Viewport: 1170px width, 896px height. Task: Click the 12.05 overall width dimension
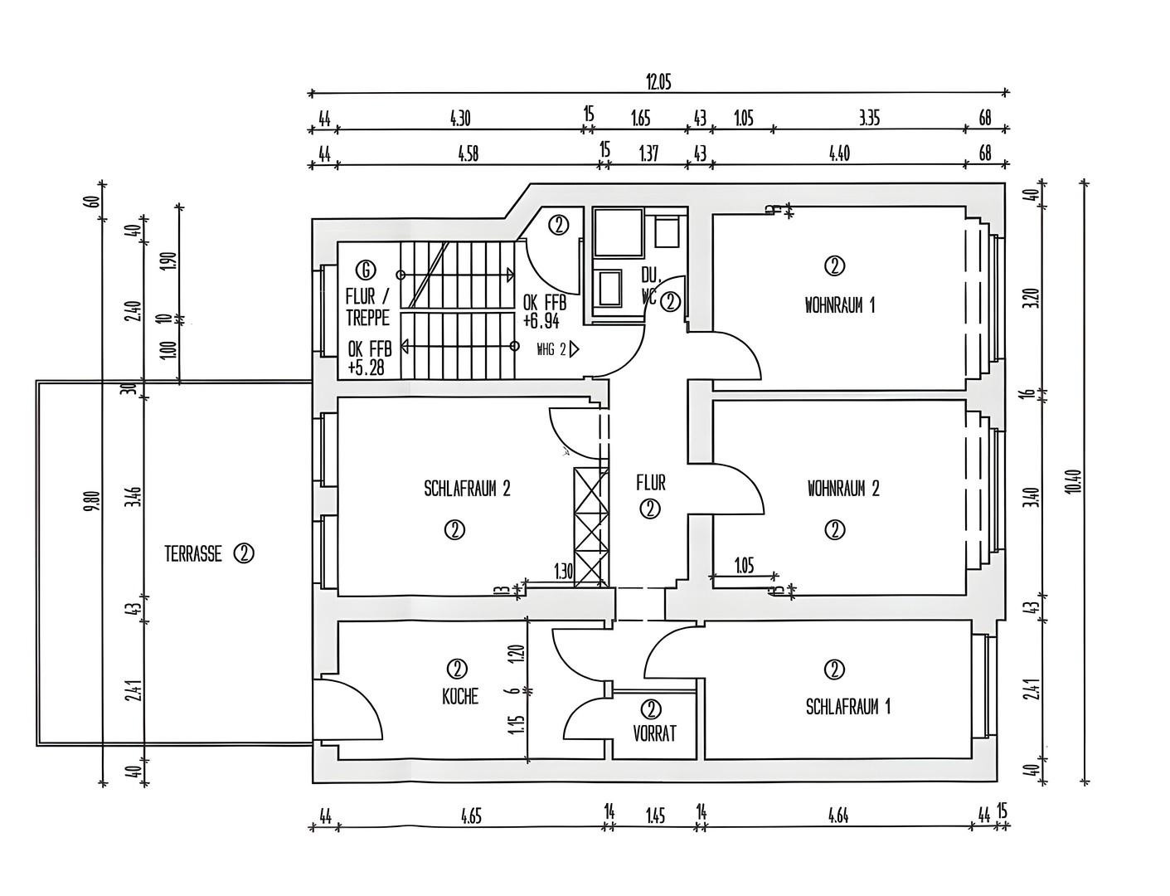click(x=658, y=82)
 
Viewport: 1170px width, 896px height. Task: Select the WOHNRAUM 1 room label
click(x=839, y=305)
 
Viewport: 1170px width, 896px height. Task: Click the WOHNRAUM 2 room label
click(x=843, y=489)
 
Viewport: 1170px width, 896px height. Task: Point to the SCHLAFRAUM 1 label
click(x=848, y=707)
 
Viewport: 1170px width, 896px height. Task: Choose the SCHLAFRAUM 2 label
click(x=467, y=489)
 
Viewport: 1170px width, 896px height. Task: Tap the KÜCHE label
click(x=460, y=696)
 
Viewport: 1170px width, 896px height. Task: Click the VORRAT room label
click(x=654, y=734)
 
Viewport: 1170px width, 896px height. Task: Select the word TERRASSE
click(x=193, y=554)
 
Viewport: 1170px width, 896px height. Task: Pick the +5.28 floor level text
click(x=366, y=368)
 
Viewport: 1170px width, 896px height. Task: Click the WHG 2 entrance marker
click(x=557, y=350)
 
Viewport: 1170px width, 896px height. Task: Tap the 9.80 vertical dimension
click(x=95, y=501)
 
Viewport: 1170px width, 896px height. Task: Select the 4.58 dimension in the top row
click(x=468, y=154)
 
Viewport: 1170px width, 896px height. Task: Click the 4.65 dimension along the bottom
click(x=471, y=816)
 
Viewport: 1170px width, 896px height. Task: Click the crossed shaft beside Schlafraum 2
click(x=590, y=527)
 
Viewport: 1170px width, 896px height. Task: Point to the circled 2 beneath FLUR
click(x=650, y=509)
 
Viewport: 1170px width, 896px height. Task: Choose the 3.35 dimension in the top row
click(x=869, y=119)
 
